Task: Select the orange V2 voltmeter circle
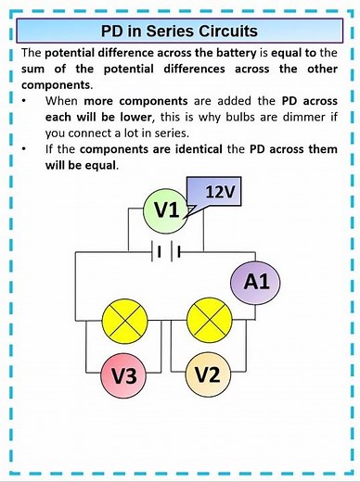pos(210,375)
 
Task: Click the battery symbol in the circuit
pos(166,251)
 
